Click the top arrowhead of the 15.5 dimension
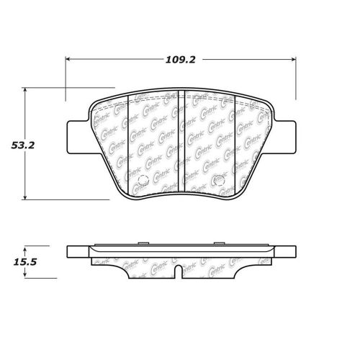coord(27,246)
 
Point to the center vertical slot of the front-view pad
coord(181,144)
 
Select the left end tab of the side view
coord(74,252)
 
